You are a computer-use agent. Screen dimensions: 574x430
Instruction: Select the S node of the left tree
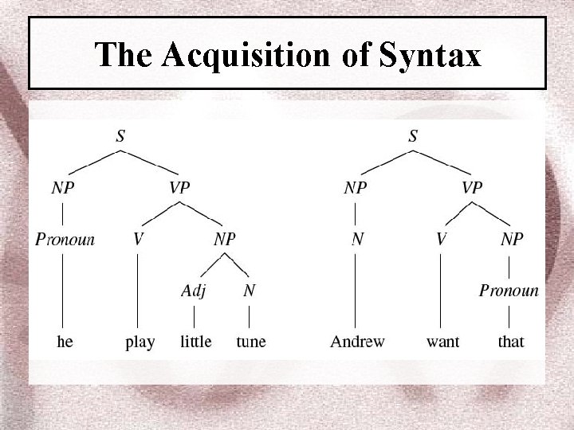(x=120, y=136)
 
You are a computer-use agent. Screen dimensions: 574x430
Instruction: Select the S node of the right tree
(x=412, y=136)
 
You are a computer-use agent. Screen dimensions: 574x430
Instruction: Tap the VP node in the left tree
(x=179, y=189)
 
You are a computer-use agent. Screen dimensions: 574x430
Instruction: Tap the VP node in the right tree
(x=472, y=189)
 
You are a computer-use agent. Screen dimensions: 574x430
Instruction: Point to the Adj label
(x=192, y=291)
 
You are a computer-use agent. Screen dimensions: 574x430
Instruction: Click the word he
(x=65, y=342)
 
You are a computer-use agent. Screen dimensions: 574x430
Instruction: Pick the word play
(x=140, y=342)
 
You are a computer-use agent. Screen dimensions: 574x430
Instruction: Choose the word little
(x=195, y=342)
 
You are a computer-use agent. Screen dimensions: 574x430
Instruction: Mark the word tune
(x=251, y=342)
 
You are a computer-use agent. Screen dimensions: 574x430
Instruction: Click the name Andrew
(x=357, y=342)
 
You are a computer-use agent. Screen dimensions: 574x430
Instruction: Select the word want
(x=442, y=342)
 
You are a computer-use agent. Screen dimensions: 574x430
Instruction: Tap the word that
(x=510, y=342)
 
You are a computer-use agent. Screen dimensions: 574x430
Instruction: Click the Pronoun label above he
(x=65, y=239)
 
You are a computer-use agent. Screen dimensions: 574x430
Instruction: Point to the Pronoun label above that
(x=509, y=291)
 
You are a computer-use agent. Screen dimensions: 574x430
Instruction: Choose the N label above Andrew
(x=357, y=239)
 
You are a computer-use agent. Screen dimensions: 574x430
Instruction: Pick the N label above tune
(x=250, y=291)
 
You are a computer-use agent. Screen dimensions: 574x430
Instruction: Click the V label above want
(x=441, y=239)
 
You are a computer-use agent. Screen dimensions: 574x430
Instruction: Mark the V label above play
(x=139, y=239)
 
